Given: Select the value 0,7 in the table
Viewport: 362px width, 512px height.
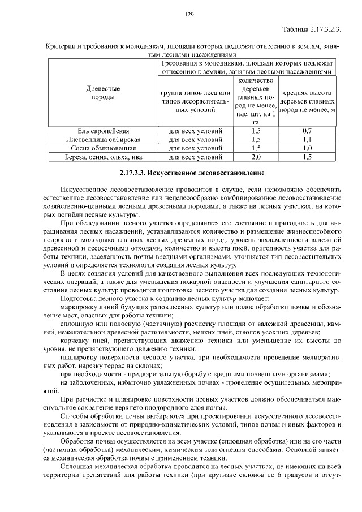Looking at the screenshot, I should (x=308, y=131).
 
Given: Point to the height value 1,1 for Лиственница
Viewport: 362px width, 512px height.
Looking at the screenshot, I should (x=308, y=139).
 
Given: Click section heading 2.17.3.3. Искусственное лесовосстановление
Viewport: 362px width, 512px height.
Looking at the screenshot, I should (x=192, y=171).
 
